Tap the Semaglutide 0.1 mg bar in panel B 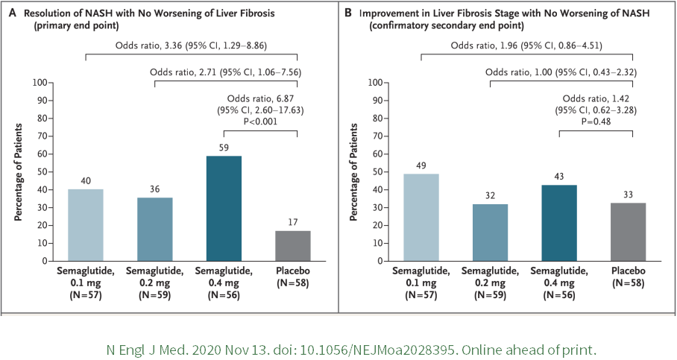[421, 217]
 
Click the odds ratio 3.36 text [191, 45]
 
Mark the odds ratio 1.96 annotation [526, 45]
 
